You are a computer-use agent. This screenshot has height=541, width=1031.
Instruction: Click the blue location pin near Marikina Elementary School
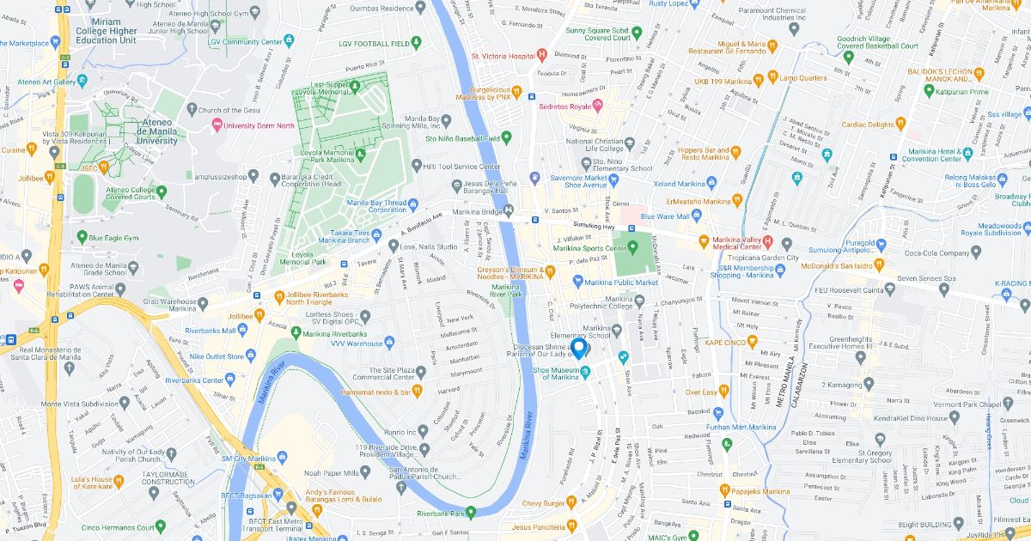point(579,348)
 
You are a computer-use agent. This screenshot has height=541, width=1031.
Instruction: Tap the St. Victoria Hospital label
point(503,56)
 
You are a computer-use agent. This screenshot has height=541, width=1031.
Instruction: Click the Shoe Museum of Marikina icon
point(585,371)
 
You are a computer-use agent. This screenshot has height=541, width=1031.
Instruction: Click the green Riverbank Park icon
point(471,514)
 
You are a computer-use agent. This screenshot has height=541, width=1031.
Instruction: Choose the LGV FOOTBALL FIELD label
point(373,42)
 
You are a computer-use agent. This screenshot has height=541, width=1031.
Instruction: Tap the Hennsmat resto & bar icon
point(417,391)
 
